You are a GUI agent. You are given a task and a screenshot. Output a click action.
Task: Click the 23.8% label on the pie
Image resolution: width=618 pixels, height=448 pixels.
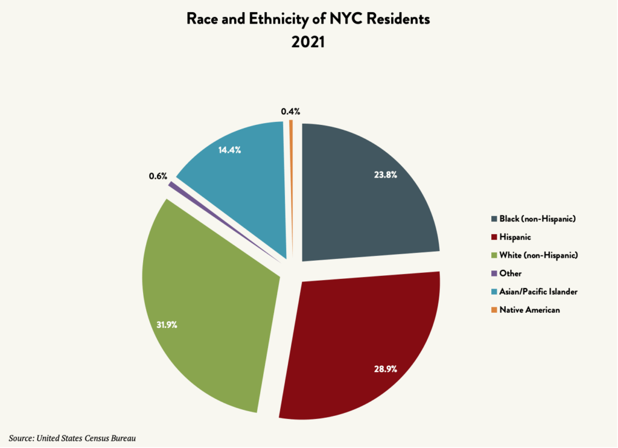pyautogui.click(x=385, y=176)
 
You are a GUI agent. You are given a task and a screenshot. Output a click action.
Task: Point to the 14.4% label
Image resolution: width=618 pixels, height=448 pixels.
pyautogui.click(x=229, y=150)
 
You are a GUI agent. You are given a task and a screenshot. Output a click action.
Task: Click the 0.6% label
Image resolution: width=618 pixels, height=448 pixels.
pyautogui.click(x=158, y=176)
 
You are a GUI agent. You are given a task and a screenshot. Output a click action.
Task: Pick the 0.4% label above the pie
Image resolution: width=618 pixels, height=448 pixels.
pyautogui.click(x=290, y=111)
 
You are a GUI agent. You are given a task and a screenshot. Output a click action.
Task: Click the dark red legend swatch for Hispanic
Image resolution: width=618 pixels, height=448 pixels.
pyautogui.click(x=494, y=237)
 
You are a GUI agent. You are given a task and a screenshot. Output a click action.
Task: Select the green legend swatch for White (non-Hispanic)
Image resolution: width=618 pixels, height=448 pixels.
pyautogui.click(x=494, y=255)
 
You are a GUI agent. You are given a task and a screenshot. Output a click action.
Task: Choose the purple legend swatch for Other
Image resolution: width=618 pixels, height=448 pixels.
pyautogui.click(x=494, y=274)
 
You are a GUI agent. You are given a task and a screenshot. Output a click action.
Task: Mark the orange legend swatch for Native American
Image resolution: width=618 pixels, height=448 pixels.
pyautogui.click(x=494, y=310)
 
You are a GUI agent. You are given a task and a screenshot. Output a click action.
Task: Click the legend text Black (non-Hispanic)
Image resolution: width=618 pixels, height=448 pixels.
pyautogui.click(x=537, y=219)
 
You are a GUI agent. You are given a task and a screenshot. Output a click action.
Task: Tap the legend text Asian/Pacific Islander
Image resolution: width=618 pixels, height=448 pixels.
pyautogui.click(x=538, y=292)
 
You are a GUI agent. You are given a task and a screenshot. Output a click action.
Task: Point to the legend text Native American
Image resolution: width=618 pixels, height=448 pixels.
pyautogui.click(x=530, y=310)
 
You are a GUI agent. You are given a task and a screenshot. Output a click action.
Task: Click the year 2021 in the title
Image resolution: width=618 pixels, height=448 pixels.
pyautogui.click(x=308, y=43)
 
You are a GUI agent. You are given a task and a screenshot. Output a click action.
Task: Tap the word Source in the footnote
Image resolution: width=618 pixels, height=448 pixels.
pyautogui.click(x=21, y=437)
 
